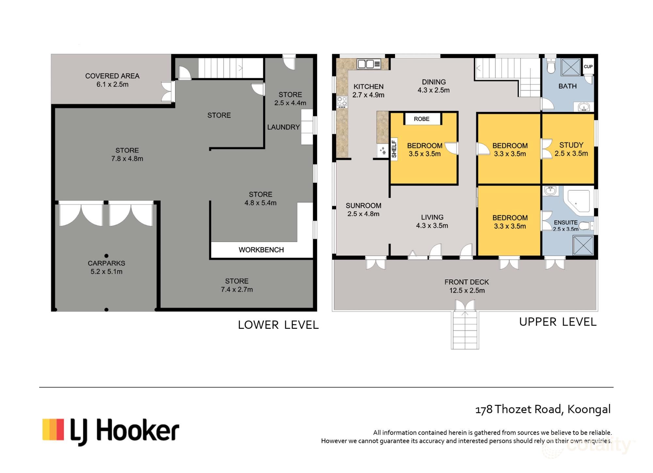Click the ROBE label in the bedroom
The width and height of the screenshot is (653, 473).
(x=422, y=119)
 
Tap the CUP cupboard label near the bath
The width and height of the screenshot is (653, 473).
(x=588, y=67)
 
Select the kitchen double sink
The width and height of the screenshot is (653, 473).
(x=369, y=64)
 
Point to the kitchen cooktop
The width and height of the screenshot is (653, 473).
(x=342, y=102)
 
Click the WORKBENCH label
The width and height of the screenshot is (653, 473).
(x=261, y=250)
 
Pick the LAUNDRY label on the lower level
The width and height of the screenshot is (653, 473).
(x=283, y=127)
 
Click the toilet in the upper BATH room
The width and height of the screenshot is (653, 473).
(x=551, y=67)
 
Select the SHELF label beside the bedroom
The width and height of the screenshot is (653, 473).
(x=394, y=149)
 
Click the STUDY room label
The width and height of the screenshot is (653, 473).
(x=571, y=145)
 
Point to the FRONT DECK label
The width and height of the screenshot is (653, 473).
(x=467, y=282)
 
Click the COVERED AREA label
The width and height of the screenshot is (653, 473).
(x=112, y=76)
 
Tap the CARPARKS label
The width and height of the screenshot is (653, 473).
(x=106, y=263)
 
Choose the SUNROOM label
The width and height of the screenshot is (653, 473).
(x=363, y=206)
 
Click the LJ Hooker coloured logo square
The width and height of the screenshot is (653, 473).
(x=53, y=429)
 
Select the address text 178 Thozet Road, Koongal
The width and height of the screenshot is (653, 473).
(x=543, y=410)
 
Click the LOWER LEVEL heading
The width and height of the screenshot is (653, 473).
(x=278, y=325)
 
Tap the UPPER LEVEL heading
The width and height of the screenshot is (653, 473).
(x=558, y=322)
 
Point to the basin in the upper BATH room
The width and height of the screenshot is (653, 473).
(x=583, y=107)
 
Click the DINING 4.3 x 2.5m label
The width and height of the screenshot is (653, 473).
(x=434, y=86)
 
